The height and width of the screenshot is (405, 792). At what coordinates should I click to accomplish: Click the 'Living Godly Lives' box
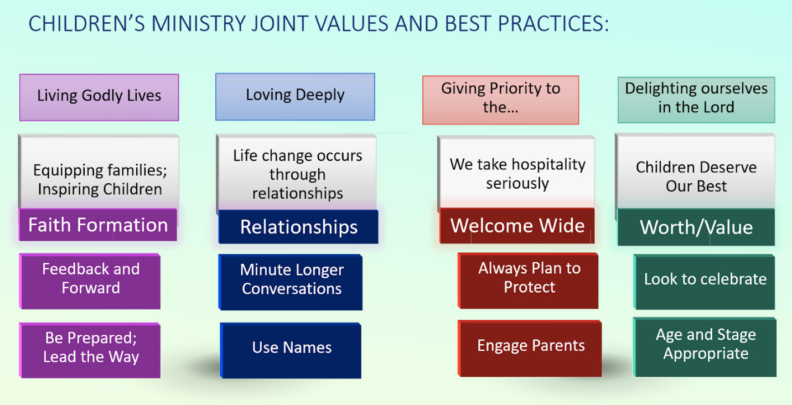tap(99, 97)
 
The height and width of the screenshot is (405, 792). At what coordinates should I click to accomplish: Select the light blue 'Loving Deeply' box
tap(295, 96)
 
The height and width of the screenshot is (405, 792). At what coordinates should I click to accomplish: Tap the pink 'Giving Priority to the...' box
tap(501, 100)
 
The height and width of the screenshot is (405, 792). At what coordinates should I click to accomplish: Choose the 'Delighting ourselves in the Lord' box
tap(696, 100)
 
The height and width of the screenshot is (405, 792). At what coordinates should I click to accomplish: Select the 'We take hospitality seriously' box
tap(516, 172)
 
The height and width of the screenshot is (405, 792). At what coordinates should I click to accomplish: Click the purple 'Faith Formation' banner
tap(98, 225)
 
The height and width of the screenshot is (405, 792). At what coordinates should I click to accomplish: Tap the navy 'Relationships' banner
tap(298, 226)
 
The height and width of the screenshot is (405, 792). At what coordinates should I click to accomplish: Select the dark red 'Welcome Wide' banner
tap(517, 226)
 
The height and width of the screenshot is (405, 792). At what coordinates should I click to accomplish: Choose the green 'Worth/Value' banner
tap(696, 227)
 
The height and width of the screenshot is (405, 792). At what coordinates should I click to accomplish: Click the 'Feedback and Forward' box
tap(90, 281)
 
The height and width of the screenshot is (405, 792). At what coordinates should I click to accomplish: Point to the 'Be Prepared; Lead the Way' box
tap(90, 350)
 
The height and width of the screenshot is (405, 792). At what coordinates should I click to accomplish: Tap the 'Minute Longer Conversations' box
tap(291, 282)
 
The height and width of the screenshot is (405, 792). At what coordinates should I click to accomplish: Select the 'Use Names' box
tap(291, 350)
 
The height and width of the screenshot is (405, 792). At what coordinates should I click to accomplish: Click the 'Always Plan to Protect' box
tap(528, 281)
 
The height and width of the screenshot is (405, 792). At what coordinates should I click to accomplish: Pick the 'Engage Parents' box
tap(530, 349)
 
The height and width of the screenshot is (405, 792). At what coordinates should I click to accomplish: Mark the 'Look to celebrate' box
tap(705, 282)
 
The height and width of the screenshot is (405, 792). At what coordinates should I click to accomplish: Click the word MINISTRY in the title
tap(198, 24)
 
